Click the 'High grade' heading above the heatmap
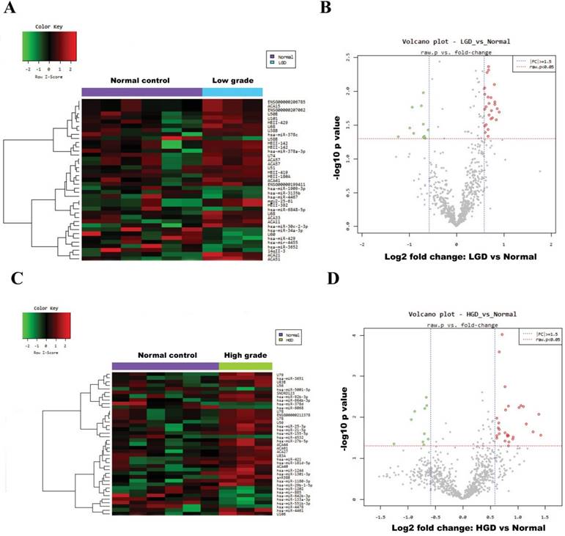tap(245, 353)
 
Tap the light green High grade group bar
tap(245, 365)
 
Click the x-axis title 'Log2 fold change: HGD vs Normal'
tap(462, 528)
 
